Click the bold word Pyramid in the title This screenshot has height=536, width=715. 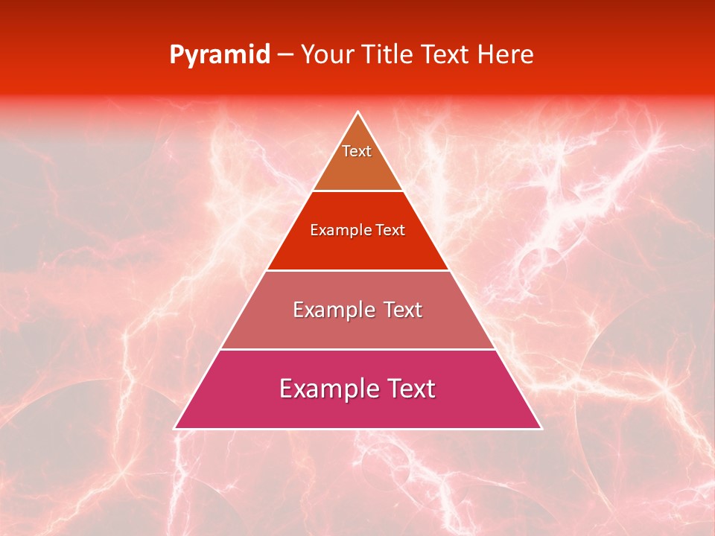click(219, 55)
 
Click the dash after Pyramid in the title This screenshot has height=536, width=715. click(285, 55)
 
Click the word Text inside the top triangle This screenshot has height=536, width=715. click(357, 151)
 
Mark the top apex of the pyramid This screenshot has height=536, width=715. click(357, 112)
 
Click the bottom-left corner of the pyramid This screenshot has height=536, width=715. click(175, 428)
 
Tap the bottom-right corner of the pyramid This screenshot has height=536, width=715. click(541, 428)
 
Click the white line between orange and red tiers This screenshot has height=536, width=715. click(357, 191)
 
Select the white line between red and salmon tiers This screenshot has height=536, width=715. click(357, 270)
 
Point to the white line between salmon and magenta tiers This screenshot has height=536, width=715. click(357, 349)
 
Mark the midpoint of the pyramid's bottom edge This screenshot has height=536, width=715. click(357, 429)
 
